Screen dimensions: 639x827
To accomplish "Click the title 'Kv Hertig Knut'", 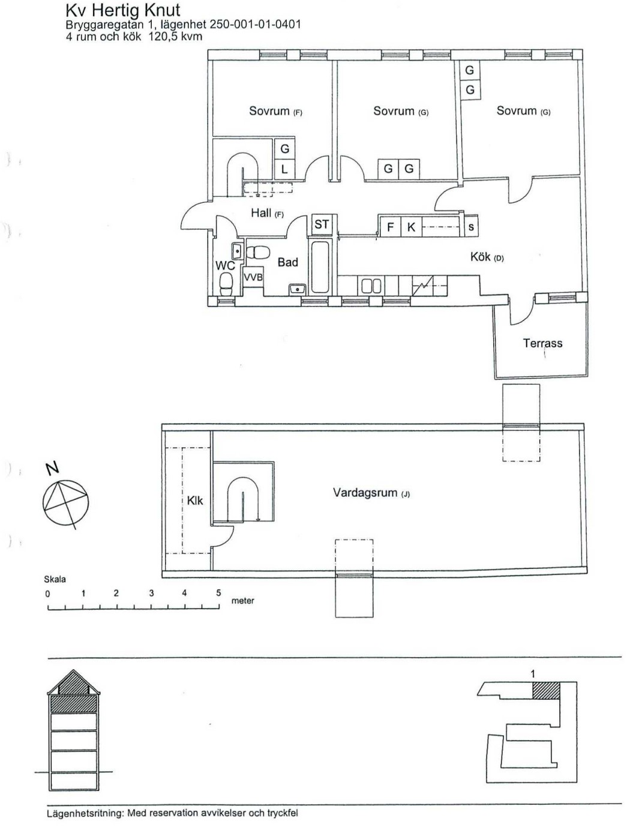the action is tap(123, 10).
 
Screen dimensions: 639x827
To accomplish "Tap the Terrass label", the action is tap(542, 343).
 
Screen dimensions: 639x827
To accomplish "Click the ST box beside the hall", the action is tap(322, 224).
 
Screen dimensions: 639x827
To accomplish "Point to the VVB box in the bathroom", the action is tap(253, 277).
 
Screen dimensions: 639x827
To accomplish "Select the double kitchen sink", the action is tap(371, 286).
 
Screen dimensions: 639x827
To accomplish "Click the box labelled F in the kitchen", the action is tap(390, 227).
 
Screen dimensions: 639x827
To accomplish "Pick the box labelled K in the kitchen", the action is tap(411, 227).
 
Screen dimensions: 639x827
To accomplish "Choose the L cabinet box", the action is tap(285, 169).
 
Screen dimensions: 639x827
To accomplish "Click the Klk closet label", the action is tap(195, 501).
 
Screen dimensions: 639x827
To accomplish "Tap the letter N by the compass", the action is tap(52, 468).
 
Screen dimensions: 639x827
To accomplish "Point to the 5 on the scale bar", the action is tap(218, 593).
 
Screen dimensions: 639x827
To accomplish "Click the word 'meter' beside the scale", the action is tap(242, 601).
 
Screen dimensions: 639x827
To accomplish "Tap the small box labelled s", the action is tap(471, 227).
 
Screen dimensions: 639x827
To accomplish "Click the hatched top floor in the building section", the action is tap(74, 705).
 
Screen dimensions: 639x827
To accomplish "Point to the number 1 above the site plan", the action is tap(533, 674).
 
